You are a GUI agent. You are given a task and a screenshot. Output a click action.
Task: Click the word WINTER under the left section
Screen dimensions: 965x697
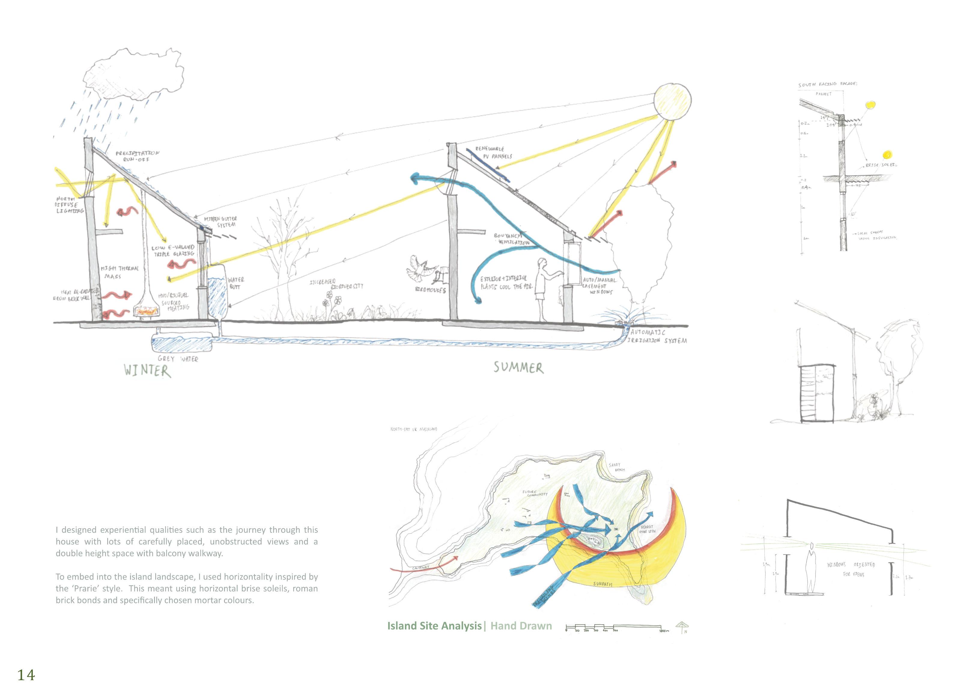click(147, 370)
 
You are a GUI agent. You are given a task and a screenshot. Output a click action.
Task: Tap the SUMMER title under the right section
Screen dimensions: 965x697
click(518, 368)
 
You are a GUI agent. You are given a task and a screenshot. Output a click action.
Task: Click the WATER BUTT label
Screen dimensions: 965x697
click(235, 283)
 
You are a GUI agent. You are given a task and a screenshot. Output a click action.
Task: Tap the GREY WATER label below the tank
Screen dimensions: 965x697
click(178, 359)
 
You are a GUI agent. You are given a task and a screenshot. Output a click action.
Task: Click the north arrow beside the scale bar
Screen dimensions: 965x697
click(682, 627)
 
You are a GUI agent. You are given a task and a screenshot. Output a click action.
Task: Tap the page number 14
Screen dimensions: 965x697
click(26, 675)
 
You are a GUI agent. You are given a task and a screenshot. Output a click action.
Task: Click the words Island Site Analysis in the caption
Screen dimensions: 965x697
click(434, 626)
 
